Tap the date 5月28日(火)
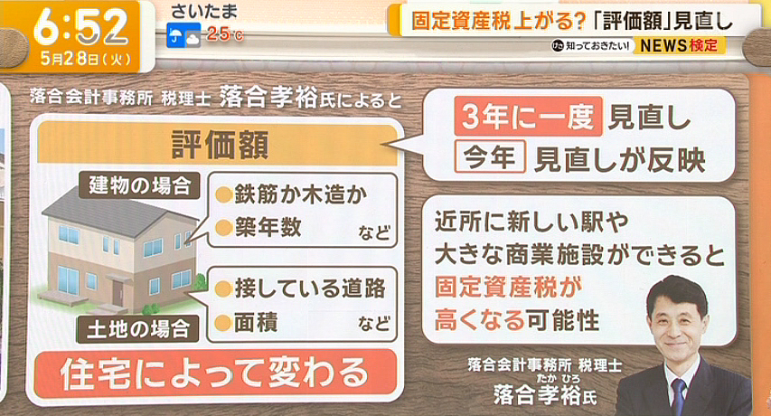pos(86,59)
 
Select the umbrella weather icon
pos(175,35)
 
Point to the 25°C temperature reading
pos(225,34)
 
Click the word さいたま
pos(204,11)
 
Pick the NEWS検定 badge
pos(679,46)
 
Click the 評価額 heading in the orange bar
pos(220,145)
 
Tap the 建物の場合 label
pos(139,186)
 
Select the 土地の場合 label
pos(138,329)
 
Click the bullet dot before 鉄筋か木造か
pos(224,195)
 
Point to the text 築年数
pos(268,227)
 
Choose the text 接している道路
pos(310,288)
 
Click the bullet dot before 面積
pos(223,323)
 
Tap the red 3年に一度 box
pos(528,117)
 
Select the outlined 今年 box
pos(490,156)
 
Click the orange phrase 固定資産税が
pos(508,287)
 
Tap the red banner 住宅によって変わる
pos(215,373)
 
